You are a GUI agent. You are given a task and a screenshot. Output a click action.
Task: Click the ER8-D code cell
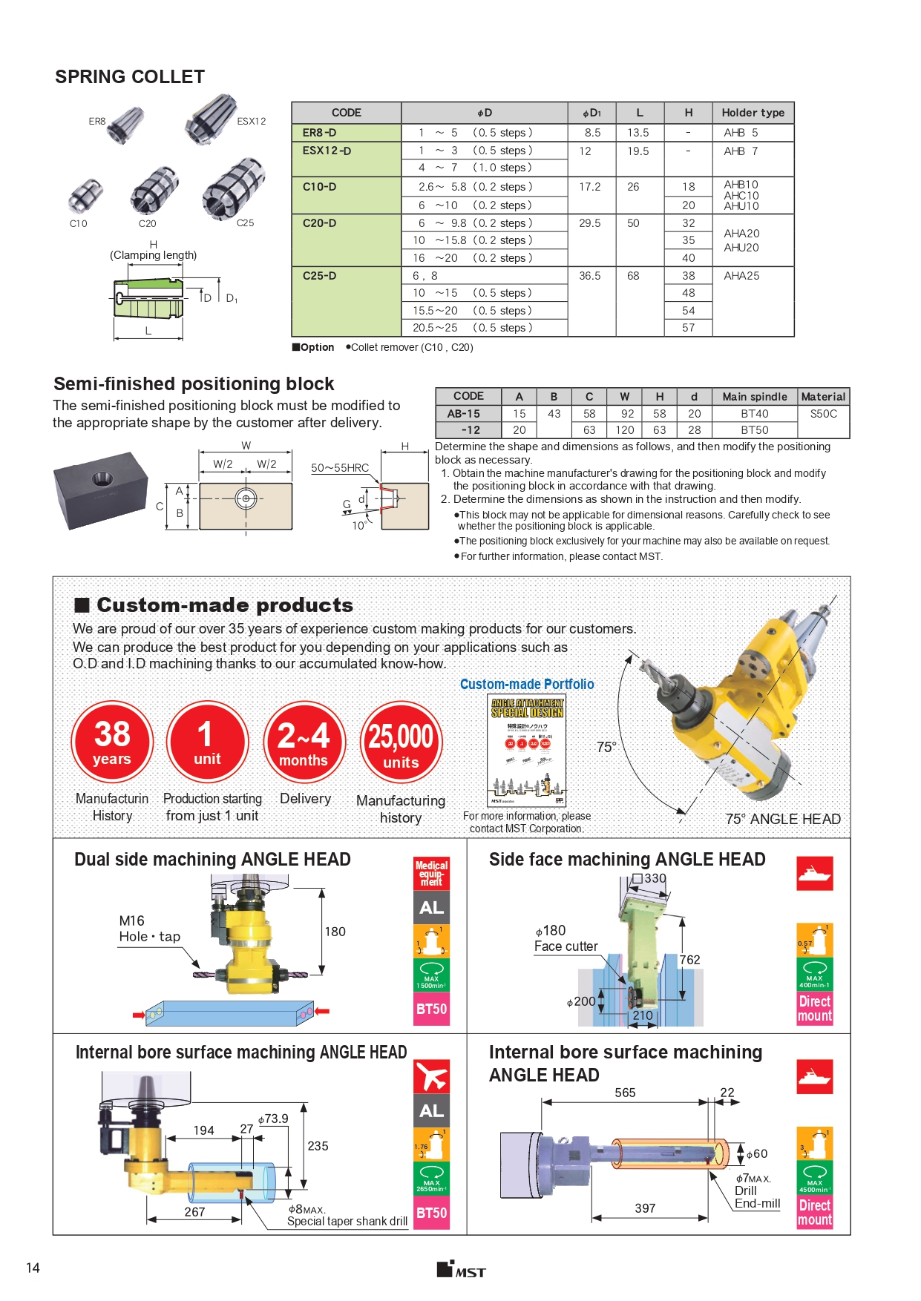(x=320, y=133)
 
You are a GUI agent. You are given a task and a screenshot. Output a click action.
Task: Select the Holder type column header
(x=753, y=113)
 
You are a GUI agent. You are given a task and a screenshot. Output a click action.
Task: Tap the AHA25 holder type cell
(x=741, y=276)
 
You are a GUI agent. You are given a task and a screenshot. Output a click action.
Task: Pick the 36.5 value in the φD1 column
(x=591, y=276)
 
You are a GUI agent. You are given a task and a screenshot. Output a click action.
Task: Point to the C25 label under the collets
(x=245, y=223)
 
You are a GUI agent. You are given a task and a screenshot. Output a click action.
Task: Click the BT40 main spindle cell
(x=754, y=414)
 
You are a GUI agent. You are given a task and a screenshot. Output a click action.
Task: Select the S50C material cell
(x=823, y=414)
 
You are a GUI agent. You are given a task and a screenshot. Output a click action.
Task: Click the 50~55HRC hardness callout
(x=340, y=468)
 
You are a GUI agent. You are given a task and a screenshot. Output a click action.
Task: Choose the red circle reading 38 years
(x=112, y=742)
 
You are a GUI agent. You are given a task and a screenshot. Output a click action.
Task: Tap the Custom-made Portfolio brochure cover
(x=527, y=750)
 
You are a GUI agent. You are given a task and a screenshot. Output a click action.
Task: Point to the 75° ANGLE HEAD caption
(x=782, y=819)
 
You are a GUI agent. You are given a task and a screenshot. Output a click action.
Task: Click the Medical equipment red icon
(x=431, y=873)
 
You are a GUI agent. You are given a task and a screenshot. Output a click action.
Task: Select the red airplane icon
(x=431, y=1075)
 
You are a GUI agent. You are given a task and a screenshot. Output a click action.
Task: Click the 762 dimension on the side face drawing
(x=689, y=960)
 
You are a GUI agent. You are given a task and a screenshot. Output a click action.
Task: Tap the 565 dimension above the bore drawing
(x=625, y=1093)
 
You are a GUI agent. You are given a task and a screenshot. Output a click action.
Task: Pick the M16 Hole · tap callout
(x=149, y=929)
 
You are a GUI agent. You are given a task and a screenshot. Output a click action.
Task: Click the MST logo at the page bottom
(x=461, y=1269)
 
